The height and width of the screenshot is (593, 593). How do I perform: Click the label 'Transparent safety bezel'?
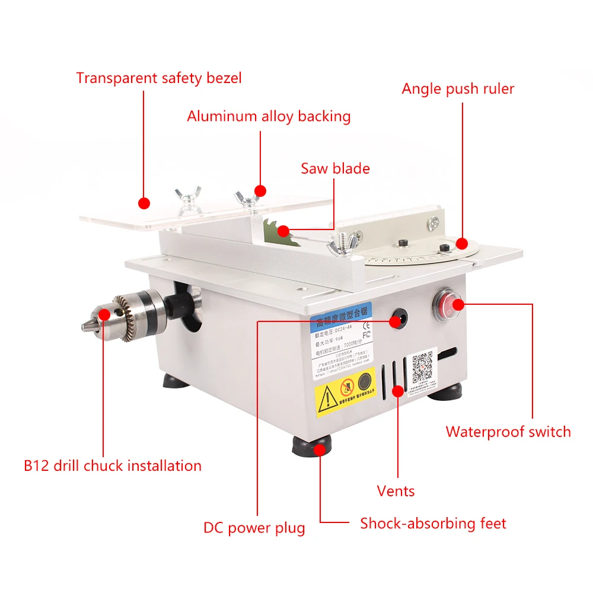[x=158, y=78]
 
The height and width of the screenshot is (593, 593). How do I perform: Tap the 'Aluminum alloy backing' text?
[x=269, y=116]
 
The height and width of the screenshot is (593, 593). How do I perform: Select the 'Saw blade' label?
[x=335, y=168]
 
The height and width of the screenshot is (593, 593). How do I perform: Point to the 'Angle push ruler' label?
[x=458, y=89]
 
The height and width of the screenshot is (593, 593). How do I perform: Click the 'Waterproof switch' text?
[x=508, y=432]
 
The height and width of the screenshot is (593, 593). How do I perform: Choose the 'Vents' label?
[x=396, y=491]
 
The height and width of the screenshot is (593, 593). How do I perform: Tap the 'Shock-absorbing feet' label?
[x=433, y=524]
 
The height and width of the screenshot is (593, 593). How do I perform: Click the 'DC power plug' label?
[x=254, y=528]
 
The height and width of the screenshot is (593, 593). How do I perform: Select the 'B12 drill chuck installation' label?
[x=113, y=466]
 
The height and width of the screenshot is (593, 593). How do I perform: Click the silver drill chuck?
[x=127, y=312]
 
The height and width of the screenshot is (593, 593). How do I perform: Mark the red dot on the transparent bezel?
[x=144, y=203]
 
